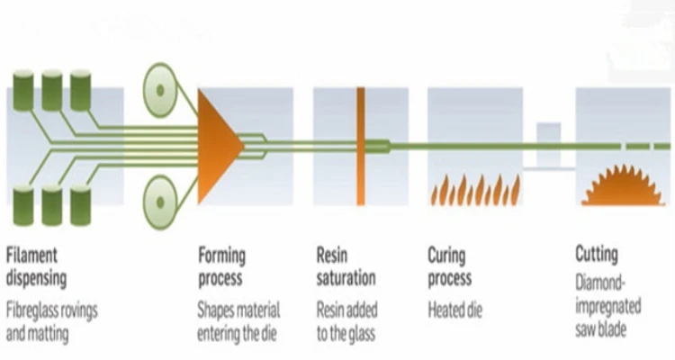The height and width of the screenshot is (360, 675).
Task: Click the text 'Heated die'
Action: pos(455,310)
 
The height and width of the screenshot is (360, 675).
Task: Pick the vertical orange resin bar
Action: pos(360,144)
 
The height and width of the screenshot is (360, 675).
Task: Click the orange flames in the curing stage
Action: pos(474,190)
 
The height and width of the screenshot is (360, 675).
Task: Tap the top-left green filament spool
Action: pos(22,90)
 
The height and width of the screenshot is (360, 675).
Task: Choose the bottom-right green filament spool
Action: pos(80,205)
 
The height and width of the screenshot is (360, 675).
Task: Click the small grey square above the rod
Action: pos(548,132)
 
